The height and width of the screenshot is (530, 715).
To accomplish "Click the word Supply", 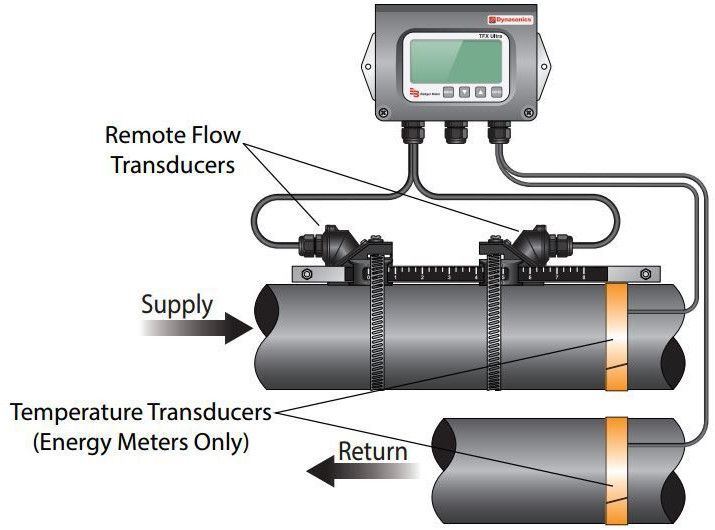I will [177, 303].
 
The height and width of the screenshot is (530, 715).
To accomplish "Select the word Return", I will [373, 451].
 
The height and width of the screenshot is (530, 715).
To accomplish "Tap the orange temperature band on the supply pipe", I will [616, 336].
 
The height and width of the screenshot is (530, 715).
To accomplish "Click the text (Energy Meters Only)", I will [141, 437].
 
